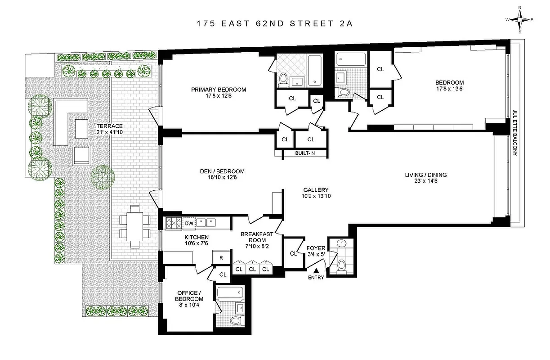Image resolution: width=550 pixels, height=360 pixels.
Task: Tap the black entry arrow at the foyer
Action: [316, 271]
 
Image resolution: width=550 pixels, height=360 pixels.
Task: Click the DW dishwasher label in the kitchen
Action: [189, 223]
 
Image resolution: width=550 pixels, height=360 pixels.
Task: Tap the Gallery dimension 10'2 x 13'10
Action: [315, 196]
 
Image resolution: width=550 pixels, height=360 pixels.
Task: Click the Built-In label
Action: [304, 153]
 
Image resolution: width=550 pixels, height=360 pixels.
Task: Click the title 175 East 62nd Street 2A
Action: [274, 24]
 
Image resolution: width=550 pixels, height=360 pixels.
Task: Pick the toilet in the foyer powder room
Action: [341, 265]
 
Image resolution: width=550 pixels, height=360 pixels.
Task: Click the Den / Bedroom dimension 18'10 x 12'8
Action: [222, 177]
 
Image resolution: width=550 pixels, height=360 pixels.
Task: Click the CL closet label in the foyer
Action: [294, 253]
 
